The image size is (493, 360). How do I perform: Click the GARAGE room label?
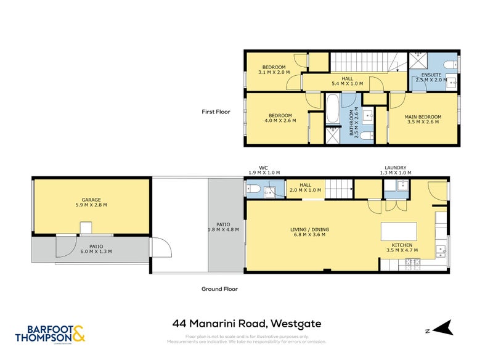click(x=91, y=200)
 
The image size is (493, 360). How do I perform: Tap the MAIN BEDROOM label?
click(x=423, y=117)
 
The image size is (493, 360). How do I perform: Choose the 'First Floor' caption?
click(x=216, y=112)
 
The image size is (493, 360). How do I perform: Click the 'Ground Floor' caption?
click(x=219, y=288)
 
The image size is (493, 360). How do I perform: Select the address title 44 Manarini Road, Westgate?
click(x=246, y=324)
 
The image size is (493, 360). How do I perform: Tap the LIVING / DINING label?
click(x=309, y=230)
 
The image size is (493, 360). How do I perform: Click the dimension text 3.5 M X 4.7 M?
click(x=402, y=250)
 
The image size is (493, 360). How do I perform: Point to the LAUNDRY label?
click(x=394, y=167)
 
